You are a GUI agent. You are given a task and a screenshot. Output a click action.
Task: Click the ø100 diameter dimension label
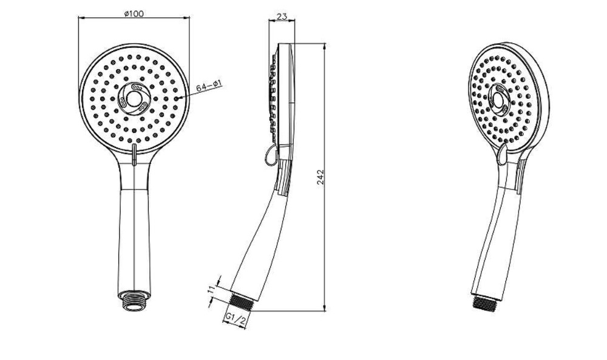tap(134, 13)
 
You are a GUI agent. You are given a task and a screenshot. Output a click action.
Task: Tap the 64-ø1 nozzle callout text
tap(209, 86)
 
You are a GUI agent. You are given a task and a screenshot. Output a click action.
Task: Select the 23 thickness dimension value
tap(282, 16)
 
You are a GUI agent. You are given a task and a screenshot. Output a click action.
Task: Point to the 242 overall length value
tap(320, 177)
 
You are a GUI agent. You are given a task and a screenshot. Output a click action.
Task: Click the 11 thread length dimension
tap(211, 290)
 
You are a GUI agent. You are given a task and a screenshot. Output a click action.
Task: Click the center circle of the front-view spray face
tap(134, 99)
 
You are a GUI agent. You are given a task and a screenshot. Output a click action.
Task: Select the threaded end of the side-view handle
tap(242, 301)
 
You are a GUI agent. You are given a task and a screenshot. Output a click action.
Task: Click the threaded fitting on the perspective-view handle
tap(484, 303)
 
